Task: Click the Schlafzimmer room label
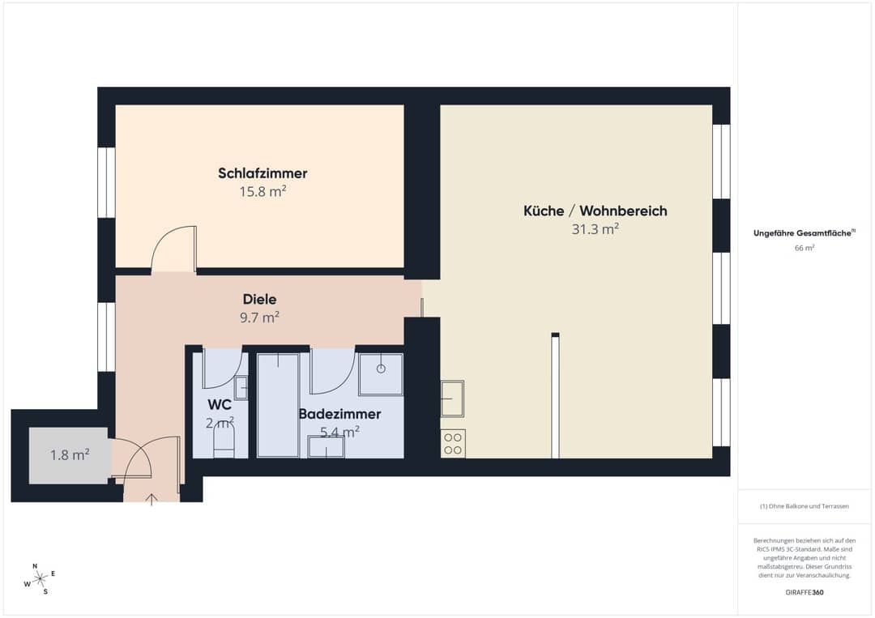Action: [262, 173]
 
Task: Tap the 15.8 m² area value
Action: [262, 191]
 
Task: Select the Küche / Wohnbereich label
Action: [595, 211]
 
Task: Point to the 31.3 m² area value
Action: [595, 228]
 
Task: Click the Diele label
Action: [259, 299]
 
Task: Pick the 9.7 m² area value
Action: [259, 318]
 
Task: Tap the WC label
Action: [220, 405]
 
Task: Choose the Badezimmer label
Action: [339, 414]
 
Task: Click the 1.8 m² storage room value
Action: [70, 455]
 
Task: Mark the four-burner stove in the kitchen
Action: [453, 443]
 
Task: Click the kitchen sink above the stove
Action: [452, 399]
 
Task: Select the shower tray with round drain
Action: [381, 374]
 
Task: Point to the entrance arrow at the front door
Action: [152, 499]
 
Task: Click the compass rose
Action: [40, 579]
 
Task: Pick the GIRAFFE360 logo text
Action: [805, 592]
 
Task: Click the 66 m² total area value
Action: [805, 248]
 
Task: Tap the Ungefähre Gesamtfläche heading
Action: [805, 233]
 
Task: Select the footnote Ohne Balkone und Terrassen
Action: [805, 506]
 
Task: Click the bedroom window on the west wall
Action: [106, 182]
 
